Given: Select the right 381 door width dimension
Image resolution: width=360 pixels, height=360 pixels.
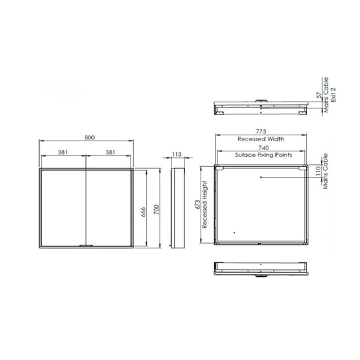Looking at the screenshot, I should pyautogui.click(x=110, y=153).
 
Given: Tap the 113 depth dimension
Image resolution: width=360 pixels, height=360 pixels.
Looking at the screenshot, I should pyautogui.click(x=177, y=154).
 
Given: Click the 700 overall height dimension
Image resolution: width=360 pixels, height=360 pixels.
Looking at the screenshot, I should pyautogui.click(x=156, y=209).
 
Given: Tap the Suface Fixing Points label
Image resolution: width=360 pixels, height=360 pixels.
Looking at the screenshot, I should pyautogui.click(x=260, y=154).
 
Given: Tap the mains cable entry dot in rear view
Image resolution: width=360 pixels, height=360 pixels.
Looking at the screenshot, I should pyautogui.click(x=262, y=177).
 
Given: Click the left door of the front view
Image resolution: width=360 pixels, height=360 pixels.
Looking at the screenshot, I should pyautogui.click(x=64, y=209).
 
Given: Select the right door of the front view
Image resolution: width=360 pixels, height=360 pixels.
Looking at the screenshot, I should pyautogui.click(x=110, y=209).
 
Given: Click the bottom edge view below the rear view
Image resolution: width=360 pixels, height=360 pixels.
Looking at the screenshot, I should pyautogui.click(x=260, y=268).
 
